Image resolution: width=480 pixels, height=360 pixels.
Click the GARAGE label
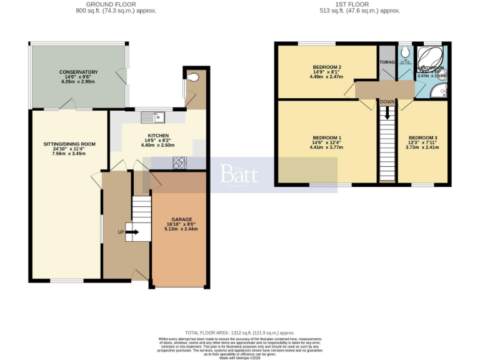[181, 219]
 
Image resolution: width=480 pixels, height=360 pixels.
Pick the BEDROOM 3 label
[423, 137]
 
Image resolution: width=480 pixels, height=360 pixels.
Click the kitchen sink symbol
[152, 116]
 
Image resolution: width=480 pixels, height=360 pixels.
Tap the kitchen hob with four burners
[179, 162]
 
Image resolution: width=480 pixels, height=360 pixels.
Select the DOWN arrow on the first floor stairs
[387, 112]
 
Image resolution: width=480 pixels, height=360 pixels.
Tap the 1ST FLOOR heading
[359, 4]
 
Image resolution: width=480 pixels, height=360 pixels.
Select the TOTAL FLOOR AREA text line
[240, 333]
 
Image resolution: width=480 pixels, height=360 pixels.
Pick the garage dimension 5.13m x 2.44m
[181, 229]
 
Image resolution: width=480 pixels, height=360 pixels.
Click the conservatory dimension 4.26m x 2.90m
[79, 82]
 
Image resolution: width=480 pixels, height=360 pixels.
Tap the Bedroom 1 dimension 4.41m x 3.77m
[327, 147]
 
